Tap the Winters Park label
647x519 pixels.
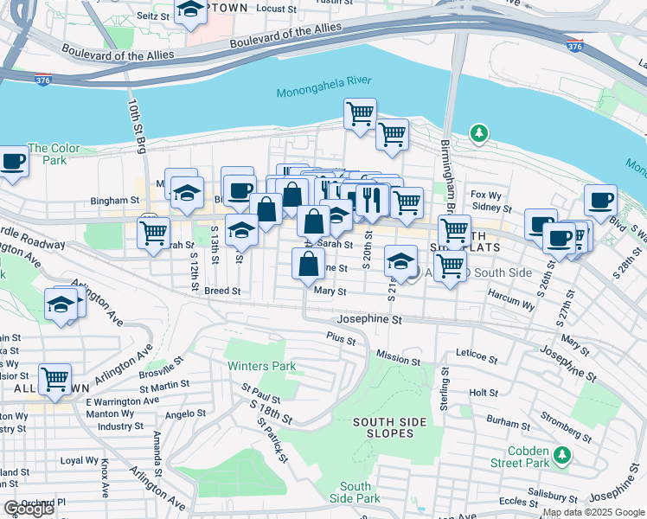pyautogui.click(x=261, y=366)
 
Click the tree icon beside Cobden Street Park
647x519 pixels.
pyautogui.click(x=562, y=454)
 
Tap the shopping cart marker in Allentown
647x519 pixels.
pyautogui.click(x=55, y=377)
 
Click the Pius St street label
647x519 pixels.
pyautogui.click(x=341, y=337)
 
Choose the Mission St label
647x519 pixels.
pyautogui.click(x=398, y=357)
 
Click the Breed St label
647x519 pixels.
pyautogui.click(x=222, y=292)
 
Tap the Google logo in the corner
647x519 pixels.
pyautogui.click(x=29, y=509)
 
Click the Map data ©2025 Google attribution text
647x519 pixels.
pyautogui.click(x=593, y=513)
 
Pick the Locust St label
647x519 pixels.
pyautogui.click(x=277, y=9)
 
